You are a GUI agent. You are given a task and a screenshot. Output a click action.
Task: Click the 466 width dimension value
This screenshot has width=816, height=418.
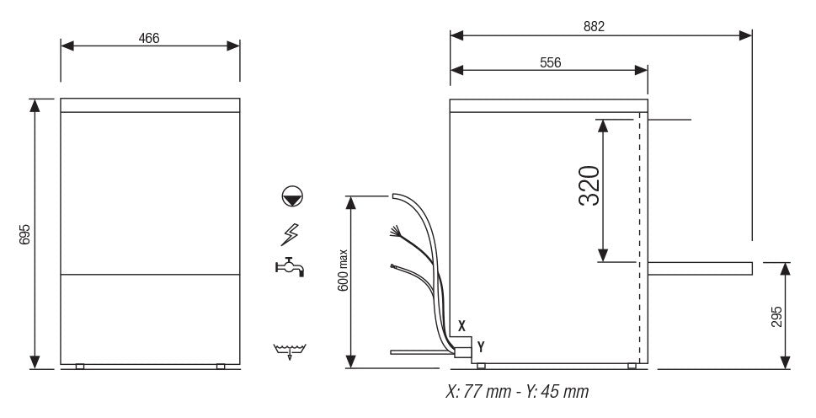pos(150,38)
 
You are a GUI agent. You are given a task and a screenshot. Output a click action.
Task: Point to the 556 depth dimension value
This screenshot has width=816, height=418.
pos(548,62)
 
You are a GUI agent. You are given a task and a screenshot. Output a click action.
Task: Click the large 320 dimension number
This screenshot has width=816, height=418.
pos(589,186)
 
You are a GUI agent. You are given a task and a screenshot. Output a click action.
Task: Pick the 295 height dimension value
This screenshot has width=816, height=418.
pos(776,315)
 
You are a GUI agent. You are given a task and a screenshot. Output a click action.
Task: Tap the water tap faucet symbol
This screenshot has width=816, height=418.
pos(289,267)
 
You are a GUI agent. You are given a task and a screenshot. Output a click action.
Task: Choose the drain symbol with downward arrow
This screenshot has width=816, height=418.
pos(290,351)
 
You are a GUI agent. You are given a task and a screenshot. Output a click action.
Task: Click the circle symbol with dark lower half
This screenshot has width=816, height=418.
pos(292,198)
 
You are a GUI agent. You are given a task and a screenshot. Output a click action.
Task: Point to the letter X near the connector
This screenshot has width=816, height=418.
pos(461,324)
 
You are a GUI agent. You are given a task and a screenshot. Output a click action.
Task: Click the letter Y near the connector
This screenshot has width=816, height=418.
pos(480,346)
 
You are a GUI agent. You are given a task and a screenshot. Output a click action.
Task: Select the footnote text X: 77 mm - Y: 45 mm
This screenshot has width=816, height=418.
pos(516,393)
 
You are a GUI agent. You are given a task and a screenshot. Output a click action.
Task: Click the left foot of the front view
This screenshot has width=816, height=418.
pos(80,366)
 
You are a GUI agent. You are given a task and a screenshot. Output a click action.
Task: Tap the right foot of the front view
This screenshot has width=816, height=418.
pos(221,366)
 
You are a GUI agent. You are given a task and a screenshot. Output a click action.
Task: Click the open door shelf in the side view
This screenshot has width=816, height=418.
pos(699,268)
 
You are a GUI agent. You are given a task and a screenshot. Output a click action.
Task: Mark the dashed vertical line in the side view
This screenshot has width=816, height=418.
pos(639,236)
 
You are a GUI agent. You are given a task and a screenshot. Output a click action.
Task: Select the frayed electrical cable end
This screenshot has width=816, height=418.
pos(394,231)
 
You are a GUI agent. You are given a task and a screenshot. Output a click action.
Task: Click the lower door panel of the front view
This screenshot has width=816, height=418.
pos(150,319)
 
